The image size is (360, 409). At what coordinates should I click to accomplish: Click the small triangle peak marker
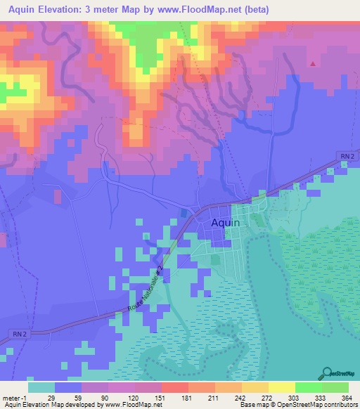(312, 63)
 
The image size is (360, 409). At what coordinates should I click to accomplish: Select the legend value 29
(51, 398)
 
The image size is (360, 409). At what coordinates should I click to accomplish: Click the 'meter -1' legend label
(14, 398)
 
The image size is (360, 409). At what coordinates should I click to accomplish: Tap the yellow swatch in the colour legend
(282, 388)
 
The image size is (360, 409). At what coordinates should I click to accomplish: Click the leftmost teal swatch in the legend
(41, 388)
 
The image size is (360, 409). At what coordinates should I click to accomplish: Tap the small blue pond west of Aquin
(184, 212)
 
